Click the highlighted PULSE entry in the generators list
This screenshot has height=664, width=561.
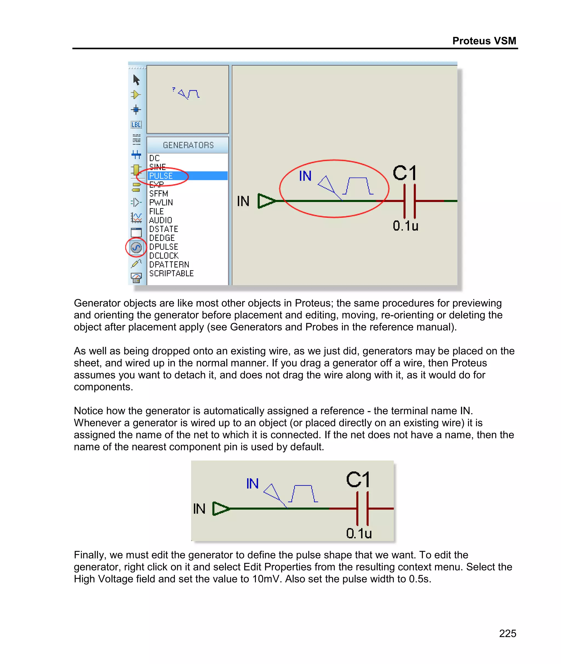(161, 176)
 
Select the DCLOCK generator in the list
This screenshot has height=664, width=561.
(164, 255)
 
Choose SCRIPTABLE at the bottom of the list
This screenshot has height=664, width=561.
(171, 273)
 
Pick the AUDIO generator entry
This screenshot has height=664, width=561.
(161, 220)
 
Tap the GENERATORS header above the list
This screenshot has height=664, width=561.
(188, 145)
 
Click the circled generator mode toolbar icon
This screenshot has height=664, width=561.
(136, 247)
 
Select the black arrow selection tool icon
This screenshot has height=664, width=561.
(136, 80)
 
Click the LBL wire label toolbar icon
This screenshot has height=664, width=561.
(136, 125)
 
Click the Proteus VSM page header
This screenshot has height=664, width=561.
(484, 41)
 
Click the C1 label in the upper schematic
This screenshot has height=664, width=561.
(405, 174)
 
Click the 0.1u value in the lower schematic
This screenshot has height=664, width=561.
(359, 533)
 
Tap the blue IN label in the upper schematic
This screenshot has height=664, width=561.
(305, 176)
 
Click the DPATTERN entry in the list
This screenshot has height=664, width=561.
(169, 265)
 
